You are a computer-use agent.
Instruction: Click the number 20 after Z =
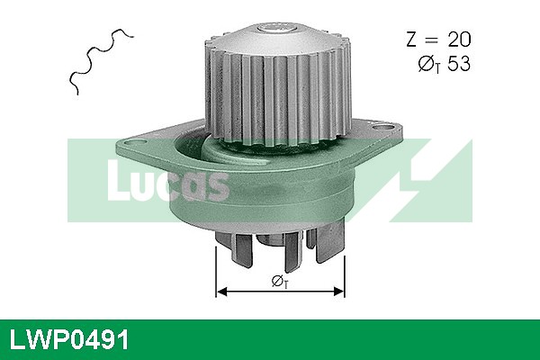click(x=456, y=40)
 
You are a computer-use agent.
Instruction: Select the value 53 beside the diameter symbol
click(x=457, y=64)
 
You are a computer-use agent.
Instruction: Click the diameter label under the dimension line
click(x=280, y=283)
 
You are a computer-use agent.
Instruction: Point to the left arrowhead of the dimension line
click(x=221, y=291)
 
